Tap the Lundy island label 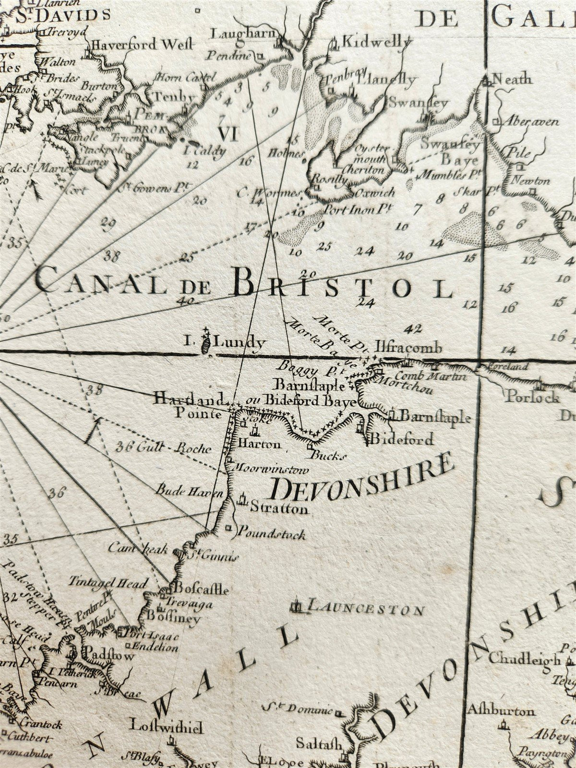click(239, 343)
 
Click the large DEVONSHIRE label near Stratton click(362, 476)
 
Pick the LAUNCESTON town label click(366, 610)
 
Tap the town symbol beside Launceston click(296, 607)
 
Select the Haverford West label click(142, 45)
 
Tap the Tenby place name click(174, 96)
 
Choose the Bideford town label click(402, 438)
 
